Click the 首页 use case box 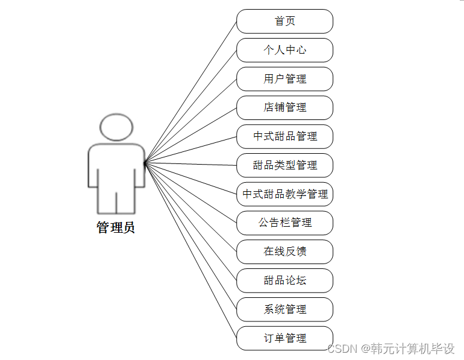[x=284, y=21]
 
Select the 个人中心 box [x=284, y=50]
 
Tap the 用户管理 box [x=284, y=79]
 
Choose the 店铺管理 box [x=284, y=107]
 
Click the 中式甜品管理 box [x=284, y=136]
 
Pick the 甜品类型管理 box [x=284, y=165]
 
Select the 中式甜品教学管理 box [x=284, y=194]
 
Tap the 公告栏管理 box [x=284, y=223]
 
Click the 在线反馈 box [x=284, y=251]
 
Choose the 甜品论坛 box [x=284, y=280]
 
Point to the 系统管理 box [x=284, y=309]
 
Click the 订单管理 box [x=284, y=338]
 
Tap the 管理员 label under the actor [x=116, y=227]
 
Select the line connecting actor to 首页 [x=190, y=92]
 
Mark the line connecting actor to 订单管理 [x=190, y=250]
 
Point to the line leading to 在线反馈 [x=190, y=207]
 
